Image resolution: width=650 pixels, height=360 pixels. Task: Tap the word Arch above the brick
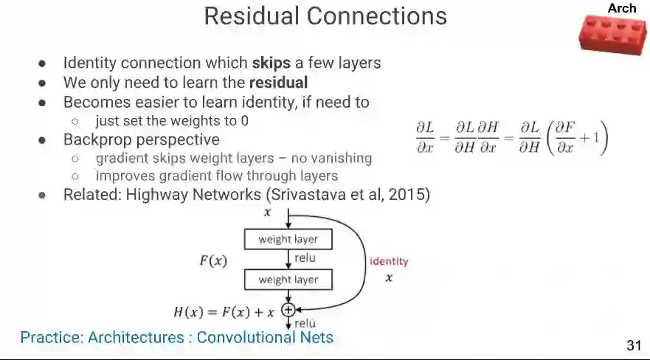pos(621,8)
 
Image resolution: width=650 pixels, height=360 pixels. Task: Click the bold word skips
pos(271,63)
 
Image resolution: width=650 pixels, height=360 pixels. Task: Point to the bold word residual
pos(278,83)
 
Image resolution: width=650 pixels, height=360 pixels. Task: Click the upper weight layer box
pos(288,239)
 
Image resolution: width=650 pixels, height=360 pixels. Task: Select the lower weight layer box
pos(288,280)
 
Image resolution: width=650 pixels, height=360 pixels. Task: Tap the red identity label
pos(388,261)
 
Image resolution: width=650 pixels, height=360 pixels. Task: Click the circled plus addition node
pos(288,311)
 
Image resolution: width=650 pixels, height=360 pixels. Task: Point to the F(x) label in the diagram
pos(213,260)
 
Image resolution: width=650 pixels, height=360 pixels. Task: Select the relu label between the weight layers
pos(305,258)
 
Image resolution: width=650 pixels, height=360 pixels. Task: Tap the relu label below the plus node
pos(305,323)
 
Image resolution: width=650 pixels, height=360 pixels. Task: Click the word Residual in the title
pos(254,15)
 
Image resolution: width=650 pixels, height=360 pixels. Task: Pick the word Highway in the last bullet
pos(156,195)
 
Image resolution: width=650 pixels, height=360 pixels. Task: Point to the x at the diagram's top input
pos(267,212)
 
